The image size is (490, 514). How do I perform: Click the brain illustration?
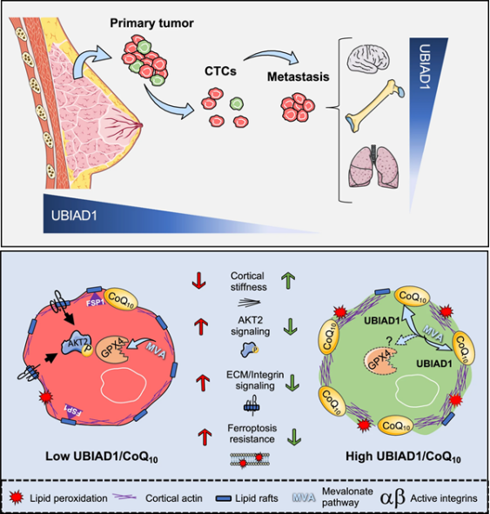click(x=368, y=58)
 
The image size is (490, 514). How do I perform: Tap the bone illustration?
click(x=374, y=106)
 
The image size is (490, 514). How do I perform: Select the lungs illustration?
click(x=373, y=166)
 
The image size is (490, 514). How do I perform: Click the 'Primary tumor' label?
click(x=151, y=23)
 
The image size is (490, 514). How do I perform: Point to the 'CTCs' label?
click(x=220, y=71)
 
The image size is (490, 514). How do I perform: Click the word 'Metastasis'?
click(x=299, y=77)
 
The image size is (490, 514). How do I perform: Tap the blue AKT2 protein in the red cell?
click(x=76, y=344)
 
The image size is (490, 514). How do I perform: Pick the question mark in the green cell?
click(x=389, y=341)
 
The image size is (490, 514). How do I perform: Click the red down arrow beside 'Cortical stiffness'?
click(x=198, y=281)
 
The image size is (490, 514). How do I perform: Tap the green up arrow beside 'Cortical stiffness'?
click(x=288, y=281)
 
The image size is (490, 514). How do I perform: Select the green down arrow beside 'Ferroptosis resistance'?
click(x=294, y=437)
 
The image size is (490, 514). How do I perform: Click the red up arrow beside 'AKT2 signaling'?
click(x=200, y=326)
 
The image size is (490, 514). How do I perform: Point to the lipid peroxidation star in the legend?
click(x=17, y=498)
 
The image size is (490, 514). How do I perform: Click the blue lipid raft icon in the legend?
click(x=224, y=499)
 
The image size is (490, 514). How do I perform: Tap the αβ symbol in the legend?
click(x=393, y=498)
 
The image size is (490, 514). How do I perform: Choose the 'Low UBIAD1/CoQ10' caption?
click(x=102, y=457)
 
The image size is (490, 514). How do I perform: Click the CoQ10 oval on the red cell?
click(x=121, y=300)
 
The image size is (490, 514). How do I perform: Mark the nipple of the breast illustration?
click(x=141, y=125)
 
